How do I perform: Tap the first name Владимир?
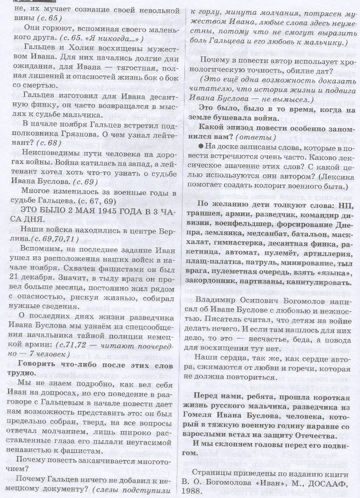pyautogui.click(x=221, y=303)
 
